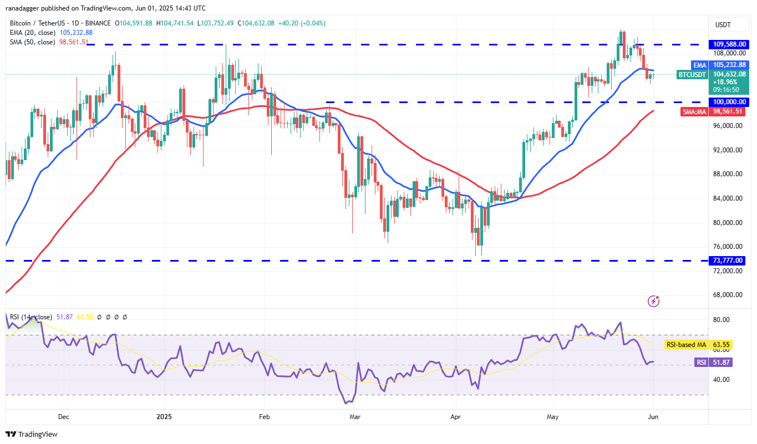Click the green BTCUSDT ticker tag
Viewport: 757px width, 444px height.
(x=692, y=74)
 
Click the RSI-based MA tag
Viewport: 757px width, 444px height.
(x=685, y=345)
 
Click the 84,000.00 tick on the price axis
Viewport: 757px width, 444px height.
(x=728, y=198)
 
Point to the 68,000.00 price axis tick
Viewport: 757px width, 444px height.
(x=728, y=295)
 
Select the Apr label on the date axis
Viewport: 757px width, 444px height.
(x=456, y=416)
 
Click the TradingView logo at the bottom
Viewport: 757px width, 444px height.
(x=32, y=435)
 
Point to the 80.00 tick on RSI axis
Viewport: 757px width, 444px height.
(x=722, y=320)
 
